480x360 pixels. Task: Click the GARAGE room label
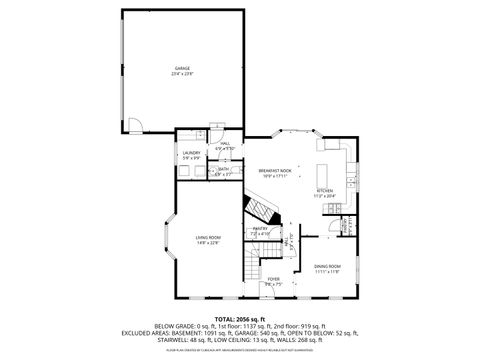(181, 68)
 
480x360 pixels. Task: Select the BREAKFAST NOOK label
(274, 171)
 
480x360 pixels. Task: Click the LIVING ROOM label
(207, 236)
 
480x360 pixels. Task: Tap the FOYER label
(273, 279)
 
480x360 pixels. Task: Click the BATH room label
(222, 169)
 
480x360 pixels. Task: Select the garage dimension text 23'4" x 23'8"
(181, 73)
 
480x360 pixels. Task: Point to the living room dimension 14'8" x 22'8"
(207, 242)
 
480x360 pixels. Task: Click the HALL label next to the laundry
(226, 144)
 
